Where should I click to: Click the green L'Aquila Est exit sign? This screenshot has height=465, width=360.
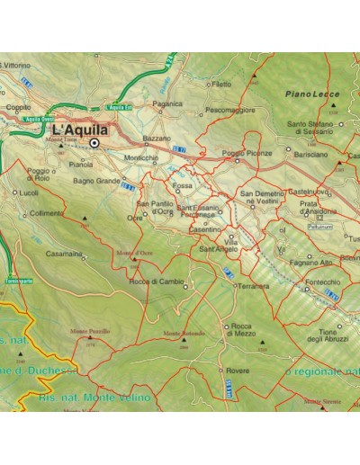tap(121, 108)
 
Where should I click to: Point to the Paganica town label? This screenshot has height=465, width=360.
tap(167, 103)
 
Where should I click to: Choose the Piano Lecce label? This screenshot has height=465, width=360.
tap(310, 94)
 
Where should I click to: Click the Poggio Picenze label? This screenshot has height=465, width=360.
tap(246, 153)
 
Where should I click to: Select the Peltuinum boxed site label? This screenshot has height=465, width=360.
tap(319, 227)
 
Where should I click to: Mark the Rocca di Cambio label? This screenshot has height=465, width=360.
tap(157, 282)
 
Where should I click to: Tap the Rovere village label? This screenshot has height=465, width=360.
tap(238, 370)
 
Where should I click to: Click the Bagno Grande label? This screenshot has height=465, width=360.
tap(96, 181)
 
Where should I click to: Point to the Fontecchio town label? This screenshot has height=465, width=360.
tap(322, 282)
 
